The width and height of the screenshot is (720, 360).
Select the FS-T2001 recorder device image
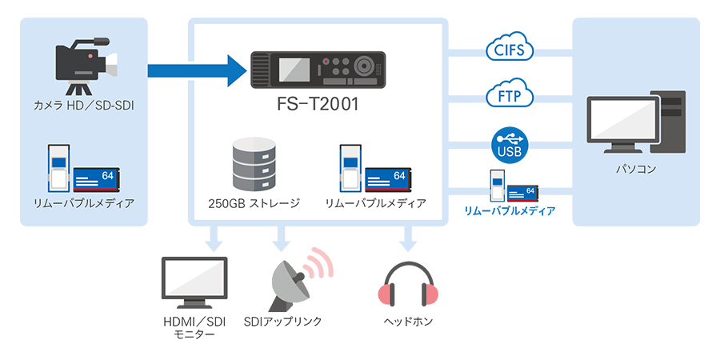point(318,70)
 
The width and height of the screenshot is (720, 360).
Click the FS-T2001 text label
point(318,105)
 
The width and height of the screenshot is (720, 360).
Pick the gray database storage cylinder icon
point(252,163)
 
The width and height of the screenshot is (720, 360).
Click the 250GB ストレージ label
point(252,203)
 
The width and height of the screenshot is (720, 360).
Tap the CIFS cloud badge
point(510,50)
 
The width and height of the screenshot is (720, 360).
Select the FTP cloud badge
point(510,96)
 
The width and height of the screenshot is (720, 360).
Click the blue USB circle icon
point(510,144)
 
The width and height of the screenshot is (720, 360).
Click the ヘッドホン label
point(408,321)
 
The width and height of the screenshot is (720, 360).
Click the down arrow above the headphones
point(409,238)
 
